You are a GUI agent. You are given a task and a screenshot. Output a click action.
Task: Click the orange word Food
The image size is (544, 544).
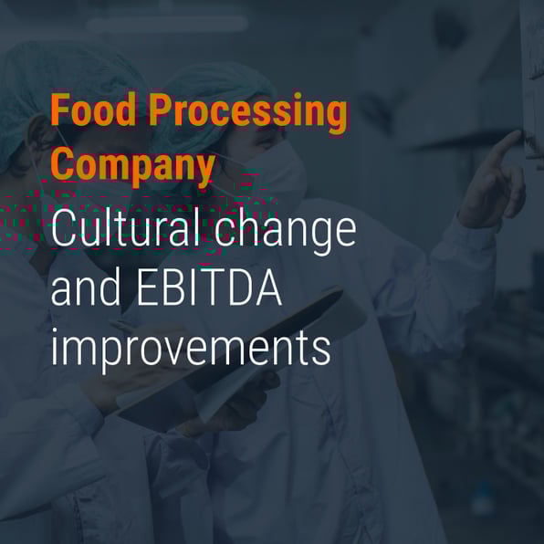(93, 110)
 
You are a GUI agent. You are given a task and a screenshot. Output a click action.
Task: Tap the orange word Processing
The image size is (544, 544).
(247, 112)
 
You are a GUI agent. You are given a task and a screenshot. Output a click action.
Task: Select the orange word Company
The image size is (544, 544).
(133, 166)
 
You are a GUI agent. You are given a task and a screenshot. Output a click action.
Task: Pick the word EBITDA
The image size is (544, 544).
(209, 288)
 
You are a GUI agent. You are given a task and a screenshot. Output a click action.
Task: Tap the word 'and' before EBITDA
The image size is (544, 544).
(86, 286)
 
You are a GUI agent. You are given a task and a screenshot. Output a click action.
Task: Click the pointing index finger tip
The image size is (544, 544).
(518, 133)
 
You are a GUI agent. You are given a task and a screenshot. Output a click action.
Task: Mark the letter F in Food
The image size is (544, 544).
(60, 110)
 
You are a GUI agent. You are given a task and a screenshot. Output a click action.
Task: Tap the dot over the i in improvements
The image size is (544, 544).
(54, 331)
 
